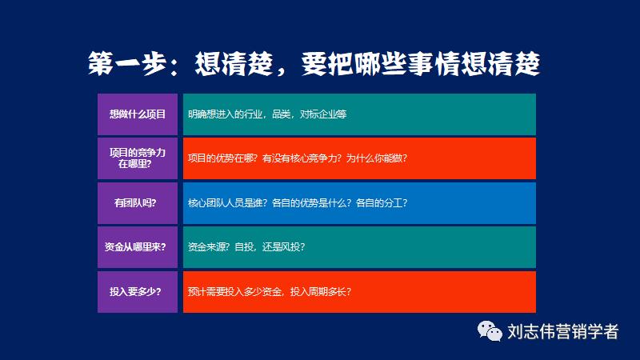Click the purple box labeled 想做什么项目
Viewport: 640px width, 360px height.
click(x=138, y=114)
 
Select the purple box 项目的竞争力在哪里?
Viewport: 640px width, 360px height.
click(x=138, y=158)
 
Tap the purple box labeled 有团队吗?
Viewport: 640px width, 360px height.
click(x=138, y=202)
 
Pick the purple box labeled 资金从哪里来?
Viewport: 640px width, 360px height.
click(x=138, y=246)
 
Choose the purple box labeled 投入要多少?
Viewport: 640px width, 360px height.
click(x=138, y=291)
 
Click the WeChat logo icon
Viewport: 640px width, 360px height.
click(x=489, y=330)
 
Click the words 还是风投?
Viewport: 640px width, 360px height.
click(x=279, y=247)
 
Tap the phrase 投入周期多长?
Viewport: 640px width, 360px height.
click(x=320, y=291)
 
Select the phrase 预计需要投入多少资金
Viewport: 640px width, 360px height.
click(x=234, y=291)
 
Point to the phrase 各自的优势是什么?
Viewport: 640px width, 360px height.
click(x=310, y=202)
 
